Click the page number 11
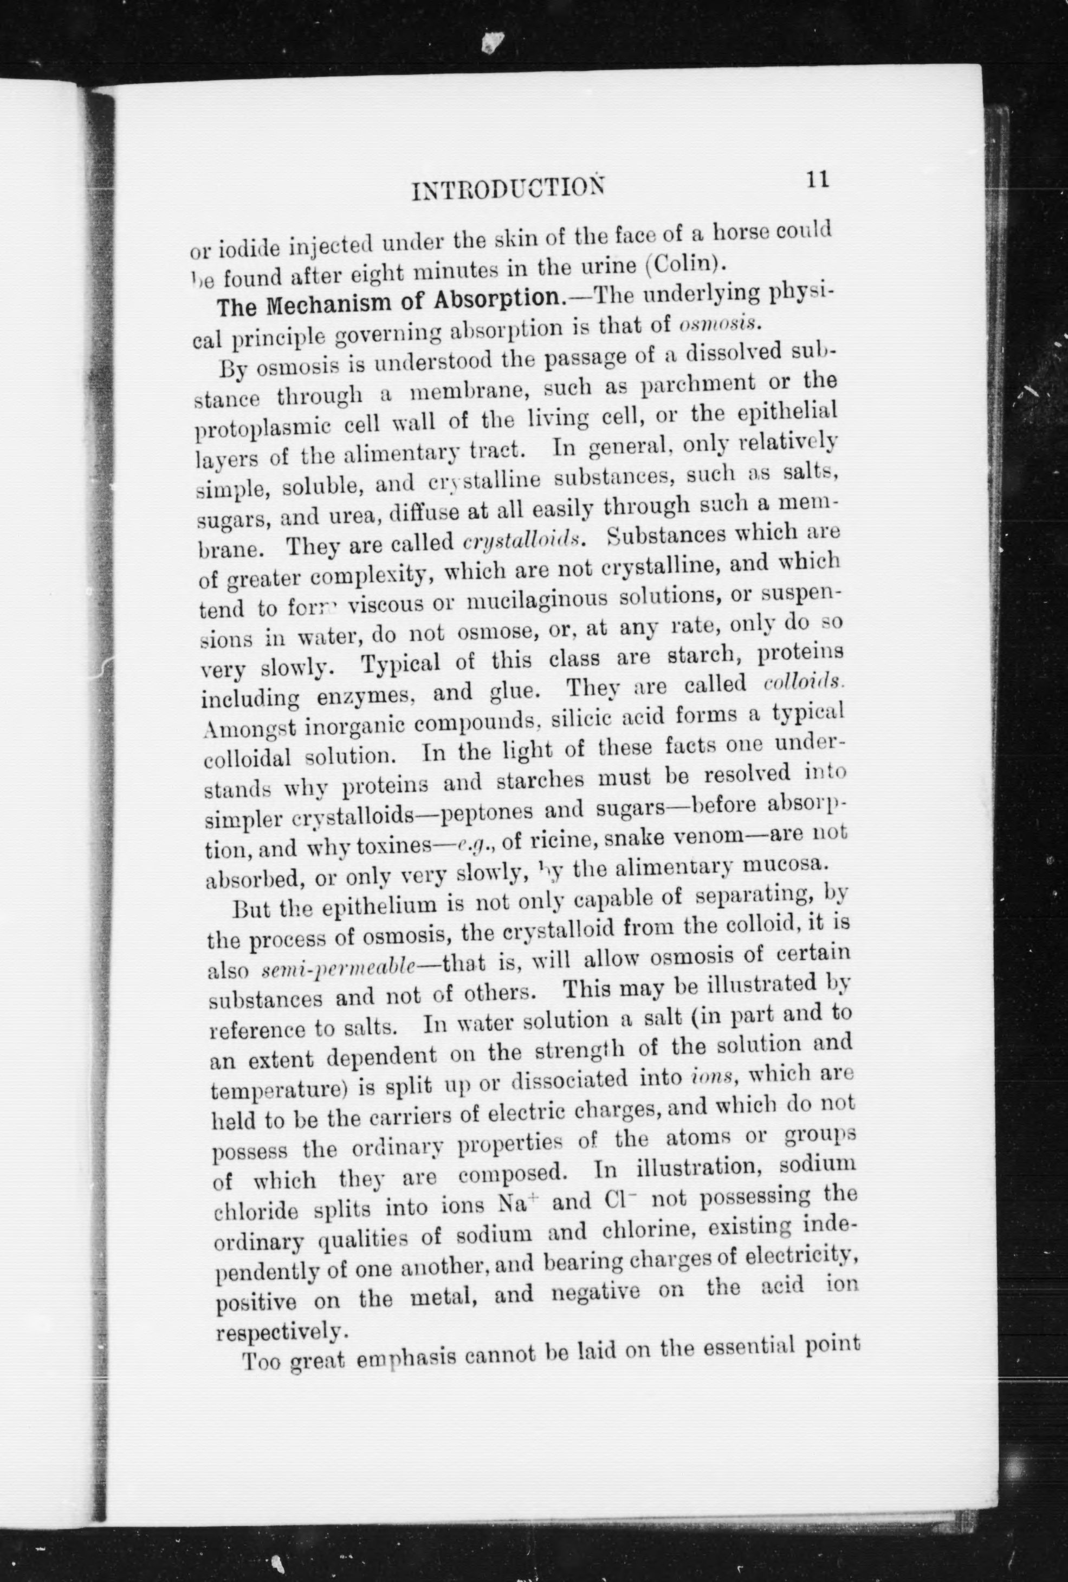(x=817, y=179)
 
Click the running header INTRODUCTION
(x=508, y=188)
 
